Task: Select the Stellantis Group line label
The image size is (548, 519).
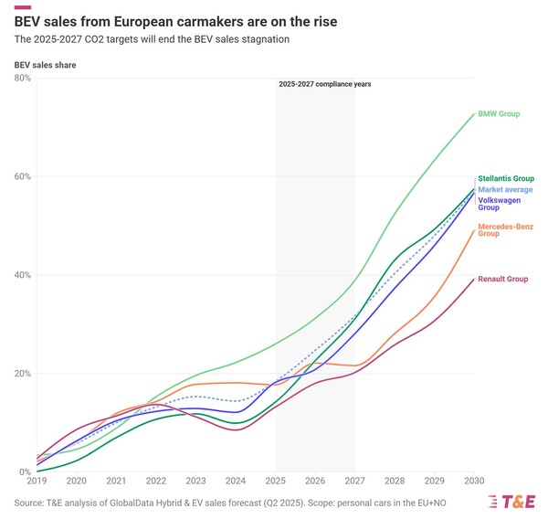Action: (x=506, y=178)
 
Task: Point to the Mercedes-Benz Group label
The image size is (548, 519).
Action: (x=505, y=229)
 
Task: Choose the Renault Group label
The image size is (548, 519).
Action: (x=503, y=279)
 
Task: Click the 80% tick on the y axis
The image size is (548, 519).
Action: (x=22, y=79)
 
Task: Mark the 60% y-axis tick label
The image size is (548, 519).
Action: (x=22, y=176)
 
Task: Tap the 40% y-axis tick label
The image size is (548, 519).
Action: (x=22, y=275)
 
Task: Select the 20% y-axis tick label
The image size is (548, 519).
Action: (x=22, y=374)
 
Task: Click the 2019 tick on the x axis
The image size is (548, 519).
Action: (x=37, y=481)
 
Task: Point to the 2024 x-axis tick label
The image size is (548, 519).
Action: (x=236, y=481)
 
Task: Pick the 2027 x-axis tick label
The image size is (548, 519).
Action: (x=355, y=481)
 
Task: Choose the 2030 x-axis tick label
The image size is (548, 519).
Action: (x=474, y=481)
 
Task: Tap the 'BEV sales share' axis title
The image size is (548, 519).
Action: (x=46, y=66)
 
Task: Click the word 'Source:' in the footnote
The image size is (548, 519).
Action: (x=30, y=503)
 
